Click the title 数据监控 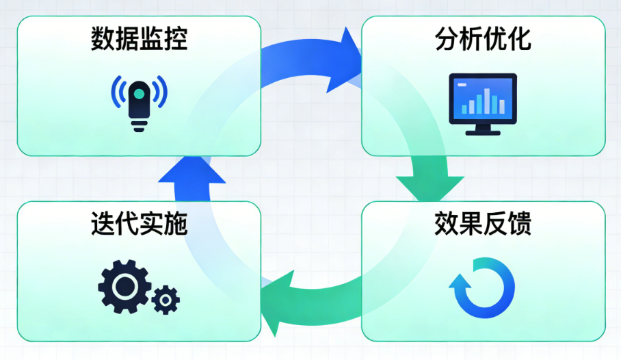[139, 40]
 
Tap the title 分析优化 [483, 40]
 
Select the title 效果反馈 [483, 224]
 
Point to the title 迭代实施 [139, 224]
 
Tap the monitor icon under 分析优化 [483, 103]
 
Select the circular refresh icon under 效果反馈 [483, 288]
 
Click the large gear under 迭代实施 [124, 287]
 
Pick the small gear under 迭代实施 [166, 300]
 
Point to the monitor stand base [483, 131]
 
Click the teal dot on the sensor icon [139, 92]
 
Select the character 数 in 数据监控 [103, 40]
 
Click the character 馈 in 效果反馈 [520, 224]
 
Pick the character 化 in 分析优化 [520, 40]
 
